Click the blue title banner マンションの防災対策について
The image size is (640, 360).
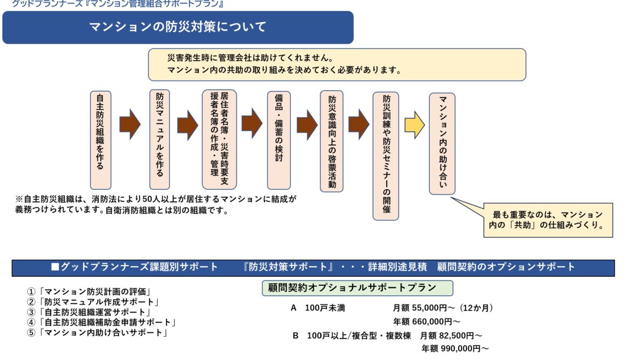(x=178, y=27)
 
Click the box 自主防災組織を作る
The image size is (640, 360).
(x=100, y=132)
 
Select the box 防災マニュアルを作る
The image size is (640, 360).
(x=159, y=135)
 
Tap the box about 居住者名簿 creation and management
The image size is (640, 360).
(x=219, y=139)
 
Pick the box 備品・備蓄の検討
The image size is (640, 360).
(x=279, y=139)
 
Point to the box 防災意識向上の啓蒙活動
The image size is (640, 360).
(x=332, y=141)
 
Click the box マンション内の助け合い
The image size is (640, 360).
(x=442, y=143)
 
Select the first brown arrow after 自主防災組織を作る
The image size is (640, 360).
(x=129, y=125)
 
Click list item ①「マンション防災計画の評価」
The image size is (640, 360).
(x=91, y=292)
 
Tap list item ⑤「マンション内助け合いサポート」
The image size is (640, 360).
(x=98, y=333)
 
